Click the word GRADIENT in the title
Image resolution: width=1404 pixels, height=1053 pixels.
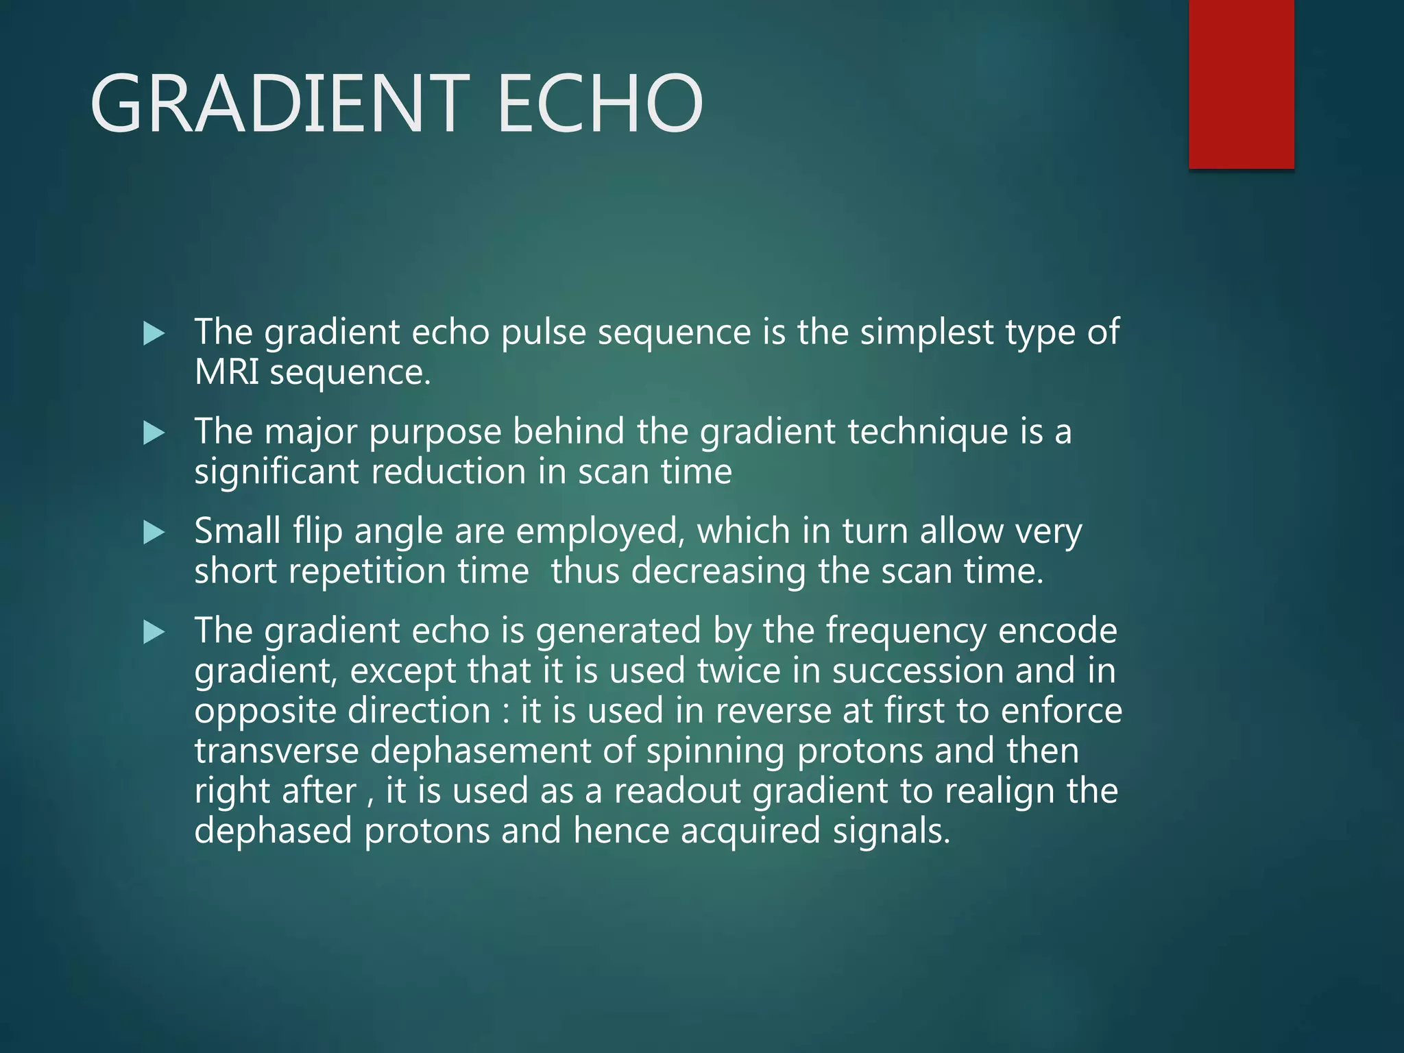280,104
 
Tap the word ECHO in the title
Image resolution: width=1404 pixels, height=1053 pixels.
600,104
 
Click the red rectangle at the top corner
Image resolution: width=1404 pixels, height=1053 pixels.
1241,84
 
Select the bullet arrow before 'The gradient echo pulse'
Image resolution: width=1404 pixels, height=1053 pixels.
154,335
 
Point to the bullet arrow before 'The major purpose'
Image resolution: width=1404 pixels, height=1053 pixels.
154,433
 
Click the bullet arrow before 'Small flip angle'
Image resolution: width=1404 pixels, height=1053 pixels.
154,533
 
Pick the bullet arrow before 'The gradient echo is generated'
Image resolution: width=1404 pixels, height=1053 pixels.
154,632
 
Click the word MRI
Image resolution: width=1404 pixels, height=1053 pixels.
227,372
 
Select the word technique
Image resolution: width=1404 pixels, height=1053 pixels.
928,433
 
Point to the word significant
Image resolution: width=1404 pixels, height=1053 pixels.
276,472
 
